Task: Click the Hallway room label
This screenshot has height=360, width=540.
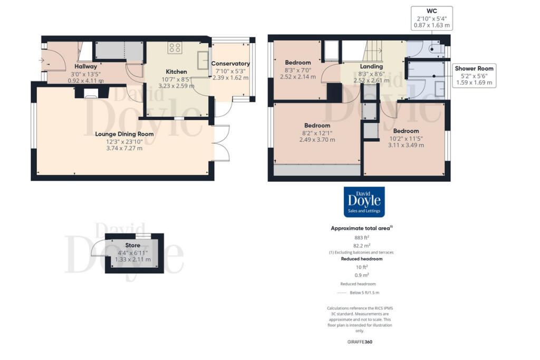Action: pos(85,66)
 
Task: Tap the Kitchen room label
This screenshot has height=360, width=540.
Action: pos(177,71)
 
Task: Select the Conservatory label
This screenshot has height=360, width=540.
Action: pos(230,63)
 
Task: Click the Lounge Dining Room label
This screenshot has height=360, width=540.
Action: pos(124,134)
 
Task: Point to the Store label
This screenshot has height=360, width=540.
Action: pos(132,246)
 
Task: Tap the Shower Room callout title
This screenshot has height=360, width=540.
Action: pos(474,69)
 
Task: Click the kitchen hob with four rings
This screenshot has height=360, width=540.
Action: pos(175,48)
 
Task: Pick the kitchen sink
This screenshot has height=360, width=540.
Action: pos(204,61)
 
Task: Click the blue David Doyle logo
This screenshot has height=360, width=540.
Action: pos(364,202)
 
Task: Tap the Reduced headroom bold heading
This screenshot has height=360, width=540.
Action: pos(362,259)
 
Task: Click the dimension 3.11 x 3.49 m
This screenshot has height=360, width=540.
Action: pos(406,145)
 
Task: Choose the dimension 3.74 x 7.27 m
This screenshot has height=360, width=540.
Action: pos(124,148)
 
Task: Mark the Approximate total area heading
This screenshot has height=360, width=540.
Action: pos(361,228)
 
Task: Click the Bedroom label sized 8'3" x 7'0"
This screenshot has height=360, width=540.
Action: pos(298,62)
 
